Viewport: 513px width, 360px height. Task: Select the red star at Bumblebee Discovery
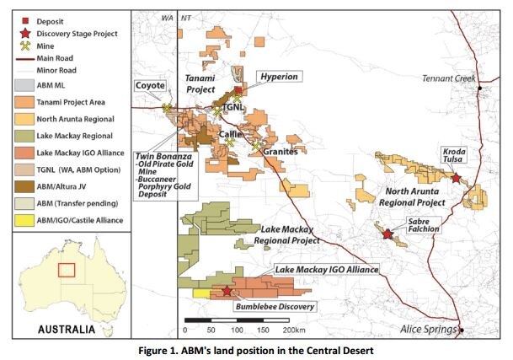tap(227, 291)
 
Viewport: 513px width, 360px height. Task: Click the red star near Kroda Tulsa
tap(456, 178)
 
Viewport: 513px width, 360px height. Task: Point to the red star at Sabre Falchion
tap(387, 234)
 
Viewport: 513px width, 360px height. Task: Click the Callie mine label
tap(230, 132)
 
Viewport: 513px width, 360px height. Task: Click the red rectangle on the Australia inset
tap(67, 271)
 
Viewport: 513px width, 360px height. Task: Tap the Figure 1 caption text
tap(256, 349)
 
